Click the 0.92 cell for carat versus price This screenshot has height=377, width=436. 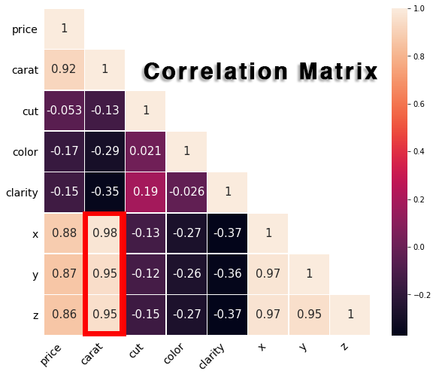point(64,70)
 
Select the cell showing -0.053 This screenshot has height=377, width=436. point(64,111)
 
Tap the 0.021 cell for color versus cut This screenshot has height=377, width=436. point(145,151)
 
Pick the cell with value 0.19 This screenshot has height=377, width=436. point(145,192)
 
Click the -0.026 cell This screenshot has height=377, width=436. point(186,192)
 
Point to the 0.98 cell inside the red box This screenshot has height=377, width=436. point(104,233)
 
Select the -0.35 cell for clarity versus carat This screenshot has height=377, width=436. point(104,192)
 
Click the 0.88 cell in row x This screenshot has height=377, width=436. point(64,233)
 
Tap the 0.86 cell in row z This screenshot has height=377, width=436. point(64,315)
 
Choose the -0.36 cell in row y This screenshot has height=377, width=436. point(227,274)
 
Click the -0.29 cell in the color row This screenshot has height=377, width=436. point(104,151)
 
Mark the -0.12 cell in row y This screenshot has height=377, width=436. point(145,274)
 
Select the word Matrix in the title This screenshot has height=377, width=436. point(338,71)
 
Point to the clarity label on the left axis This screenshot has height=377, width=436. point(22,193)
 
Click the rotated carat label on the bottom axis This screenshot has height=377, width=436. point(92,354)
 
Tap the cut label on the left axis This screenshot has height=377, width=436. point(30,111)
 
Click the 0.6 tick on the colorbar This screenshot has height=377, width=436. point(419,104)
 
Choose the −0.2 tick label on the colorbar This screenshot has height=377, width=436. point(422,295)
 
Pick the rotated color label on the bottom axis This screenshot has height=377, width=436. point(174,354)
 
